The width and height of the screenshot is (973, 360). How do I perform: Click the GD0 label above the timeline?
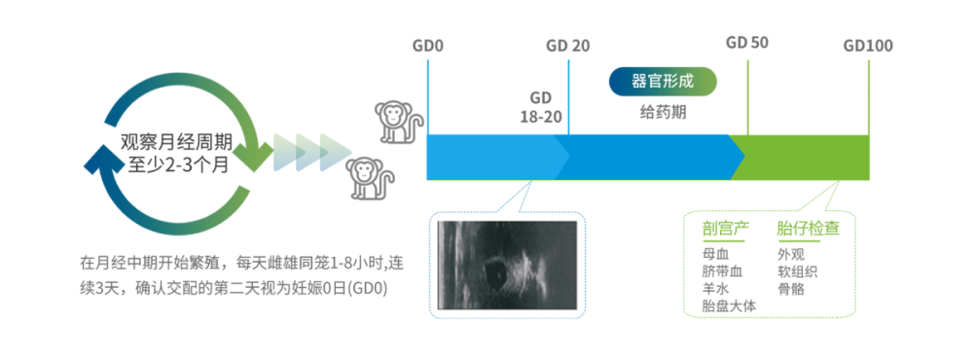(x=428, y=46)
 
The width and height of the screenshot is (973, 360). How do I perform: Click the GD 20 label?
(x=567, y=46)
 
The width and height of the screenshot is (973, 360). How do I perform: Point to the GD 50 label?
(x=747, y=43)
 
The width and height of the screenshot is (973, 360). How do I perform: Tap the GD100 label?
(x=868, y=46)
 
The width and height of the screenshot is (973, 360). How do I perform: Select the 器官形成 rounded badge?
(x=663, y=81)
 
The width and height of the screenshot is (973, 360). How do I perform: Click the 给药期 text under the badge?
(x=663, y=111)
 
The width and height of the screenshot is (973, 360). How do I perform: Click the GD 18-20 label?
(x=540, y=107)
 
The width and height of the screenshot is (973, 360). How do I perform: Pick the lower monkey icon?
(x=367, y=176)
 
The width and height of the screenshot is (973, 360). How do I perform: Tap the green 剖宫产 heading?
(x=724, y=228)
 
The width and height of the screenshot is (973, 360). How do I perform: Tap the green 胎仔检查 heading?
(x=809, y=228)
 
